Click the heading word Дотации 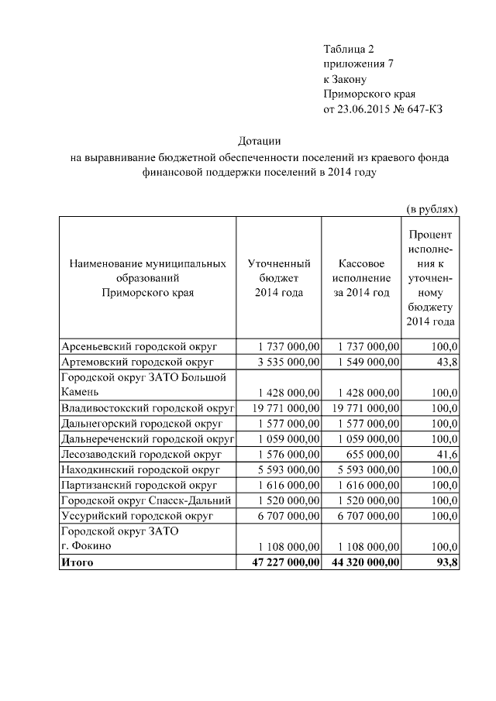[259, 140]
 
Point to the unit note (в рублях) [432, 208]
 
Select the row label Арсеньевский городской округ [139, 346]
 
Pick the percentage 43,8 [446, 362]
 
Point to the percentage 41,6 [446, 455]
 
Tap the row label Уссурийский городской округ [135, 516]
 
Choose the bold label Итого [77, 562]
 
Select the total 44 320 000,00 [363, 562]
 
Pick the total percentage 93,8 [447, 562]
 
